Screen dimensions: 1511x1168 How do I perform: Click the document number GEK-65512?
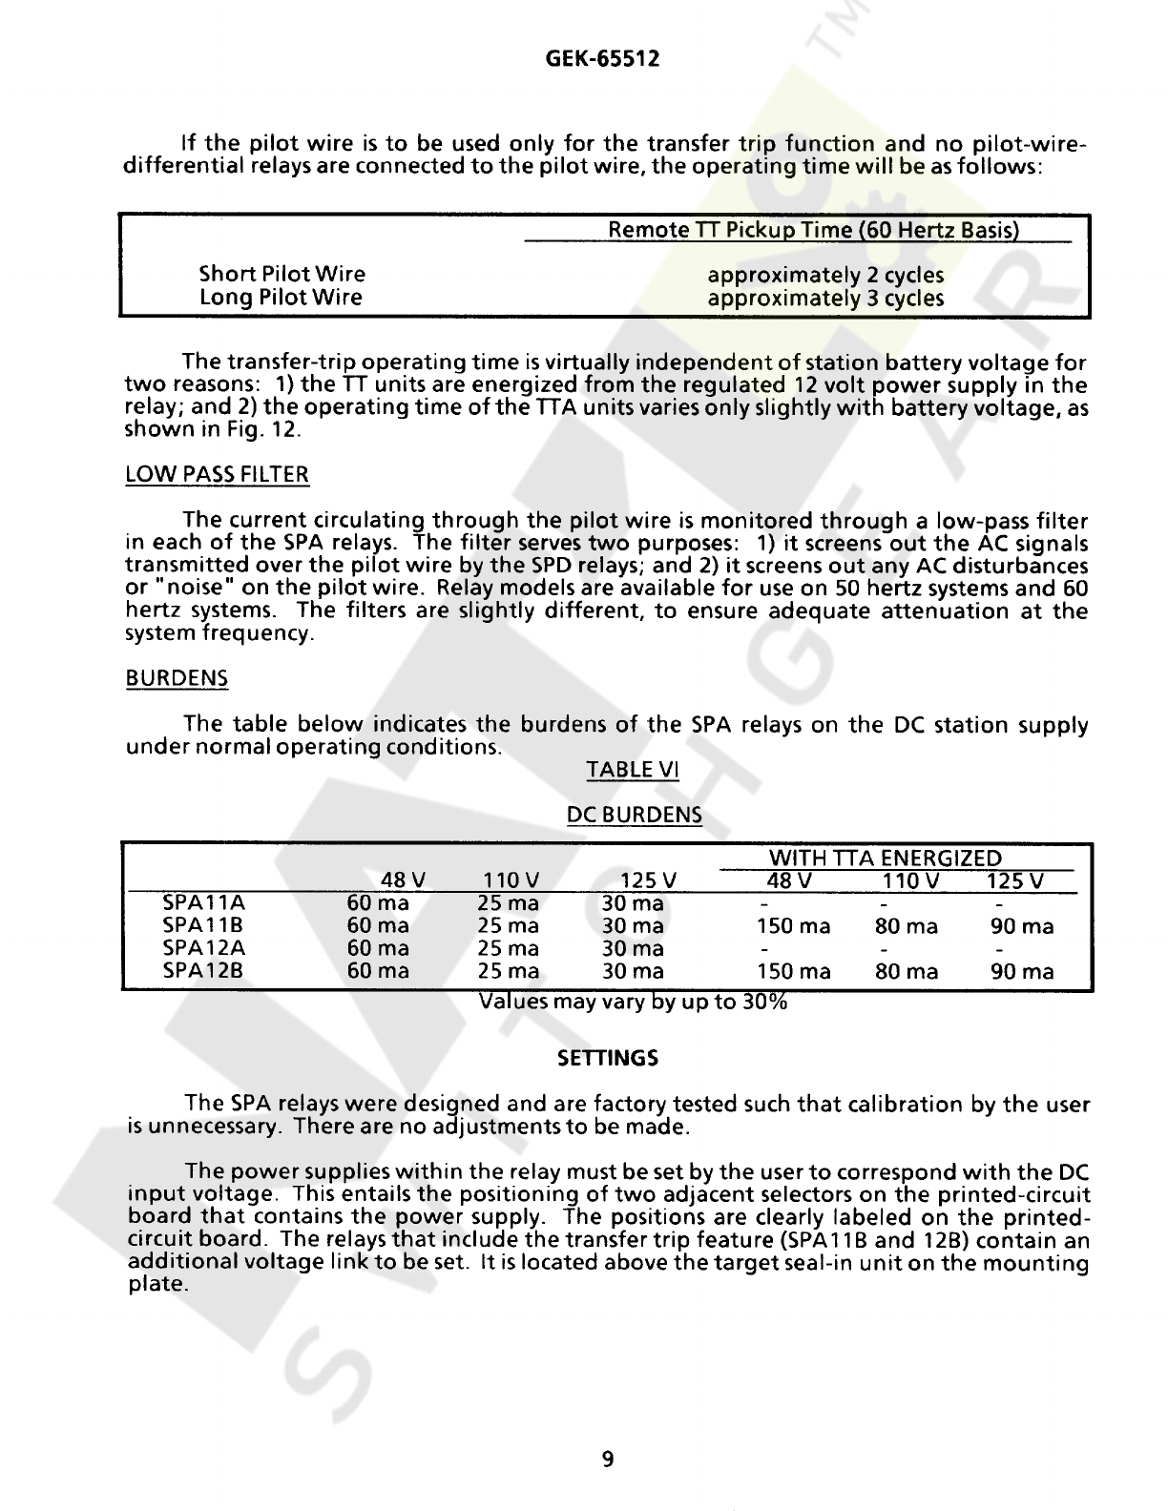(x=602, y=60)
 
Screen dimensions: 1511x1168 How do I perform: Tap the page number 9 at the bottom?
(x=608, y=1459)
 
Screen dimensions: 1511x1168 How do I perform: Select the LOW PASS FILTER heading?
(x=218, y=475)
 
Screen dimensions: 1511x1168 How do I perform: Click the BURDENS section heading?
(x=177, y=679)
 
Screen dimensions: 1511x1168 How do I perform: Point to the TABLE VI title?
(x=633, y=770)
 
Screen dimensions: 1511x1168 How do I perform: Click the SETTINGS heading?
(x=608, y=1059)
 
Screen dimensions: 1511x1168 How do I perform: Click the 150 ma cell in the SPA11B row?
(x=793, y=926)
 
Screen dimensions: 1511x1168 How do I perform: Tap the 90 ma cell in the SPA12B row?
(x=1023, y=972)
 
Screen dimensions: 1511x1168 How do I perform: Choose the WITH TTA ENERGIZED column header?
(x=886, y=859)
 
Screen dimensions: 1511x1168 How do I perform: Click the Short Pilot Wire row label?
(x=282, y=275)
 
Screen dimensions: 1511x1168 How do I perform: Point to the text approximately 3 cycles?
(x=825, y=299)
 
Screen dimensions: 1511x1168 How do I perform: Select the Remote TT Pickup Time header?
(x=814, y=230)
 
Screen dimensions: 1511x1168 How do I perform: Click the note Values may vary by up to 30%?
(x=633, y=1003)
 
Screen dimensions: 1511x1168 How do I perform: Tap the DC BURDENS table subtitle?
(x=635, y=816)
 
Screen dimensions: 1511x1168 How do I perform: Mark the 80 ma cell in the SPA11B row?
(x=907, y=926)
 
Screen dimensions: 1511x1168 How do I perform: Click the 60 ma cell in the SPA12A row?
(x=378, y=948)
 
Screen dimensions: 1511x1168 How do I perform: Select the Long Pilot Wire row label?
(x=281, y=298)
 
